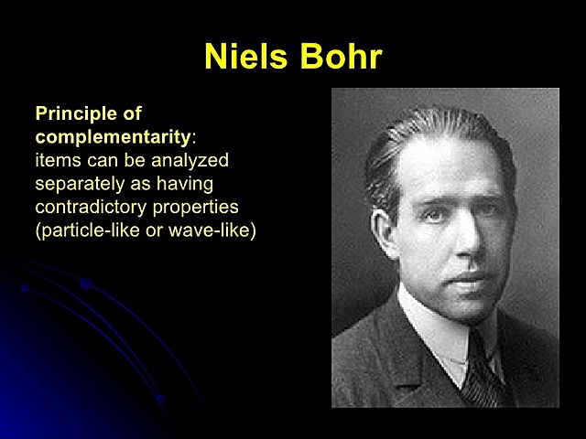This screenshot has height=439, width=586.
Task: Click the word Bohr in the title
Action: (340, 57)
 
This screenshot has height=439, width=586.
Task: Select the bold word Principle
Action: (75, 114)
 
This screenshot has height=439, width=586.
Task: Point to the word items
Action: (57, 160)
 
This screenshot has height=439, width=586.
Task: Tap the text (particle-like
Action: (86, 230)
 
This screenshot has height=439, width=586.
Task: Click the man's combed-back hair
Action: (430, 137)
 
